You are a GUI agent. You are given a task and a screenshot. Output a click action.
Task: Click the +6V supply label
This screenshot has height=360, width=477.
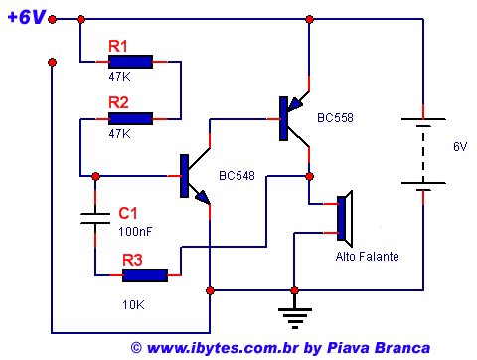[26, 18]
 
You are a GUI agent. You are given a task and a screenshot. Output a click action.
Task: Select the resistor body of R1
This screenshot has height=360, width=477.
[131, 62]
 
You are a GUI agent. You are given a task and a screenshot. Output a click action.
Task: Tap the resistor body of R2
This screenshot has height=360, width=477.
[131, 118]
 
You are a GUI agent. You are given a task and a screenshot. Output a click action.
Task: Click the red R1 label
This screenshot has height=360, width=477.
[118, 46]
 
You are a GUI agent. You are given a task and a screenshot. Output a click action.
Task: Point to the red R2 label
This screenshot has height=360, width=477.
[118, 102]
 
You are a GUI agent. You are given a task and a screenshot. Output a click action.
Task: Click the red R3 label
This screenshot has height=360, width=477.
[132, 259]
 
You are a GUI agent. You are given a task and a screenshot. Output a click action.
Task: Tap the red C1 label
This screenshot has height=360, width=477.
[128, 213]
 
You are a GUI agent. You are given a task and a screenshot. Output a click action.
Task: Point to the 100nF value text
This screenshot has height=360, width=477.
[135, 231]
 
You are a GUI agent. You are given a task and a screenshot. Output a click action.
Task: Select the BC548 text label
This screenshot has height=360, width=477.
[237, 176]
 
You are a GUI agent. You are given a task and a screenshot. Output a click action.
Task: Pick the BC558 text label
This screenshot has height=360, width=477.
[335, 118]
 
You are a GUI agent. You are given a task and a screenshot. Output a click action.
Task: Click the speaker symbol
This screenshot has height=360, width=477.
[343, 219]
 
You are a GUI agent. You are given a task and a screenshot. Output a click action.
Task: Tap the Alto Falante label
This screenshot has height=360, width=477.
[367, 257]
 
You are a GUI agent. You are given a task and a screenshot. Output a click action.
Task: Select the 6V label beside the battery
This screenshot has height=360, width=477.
[459, 146]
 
